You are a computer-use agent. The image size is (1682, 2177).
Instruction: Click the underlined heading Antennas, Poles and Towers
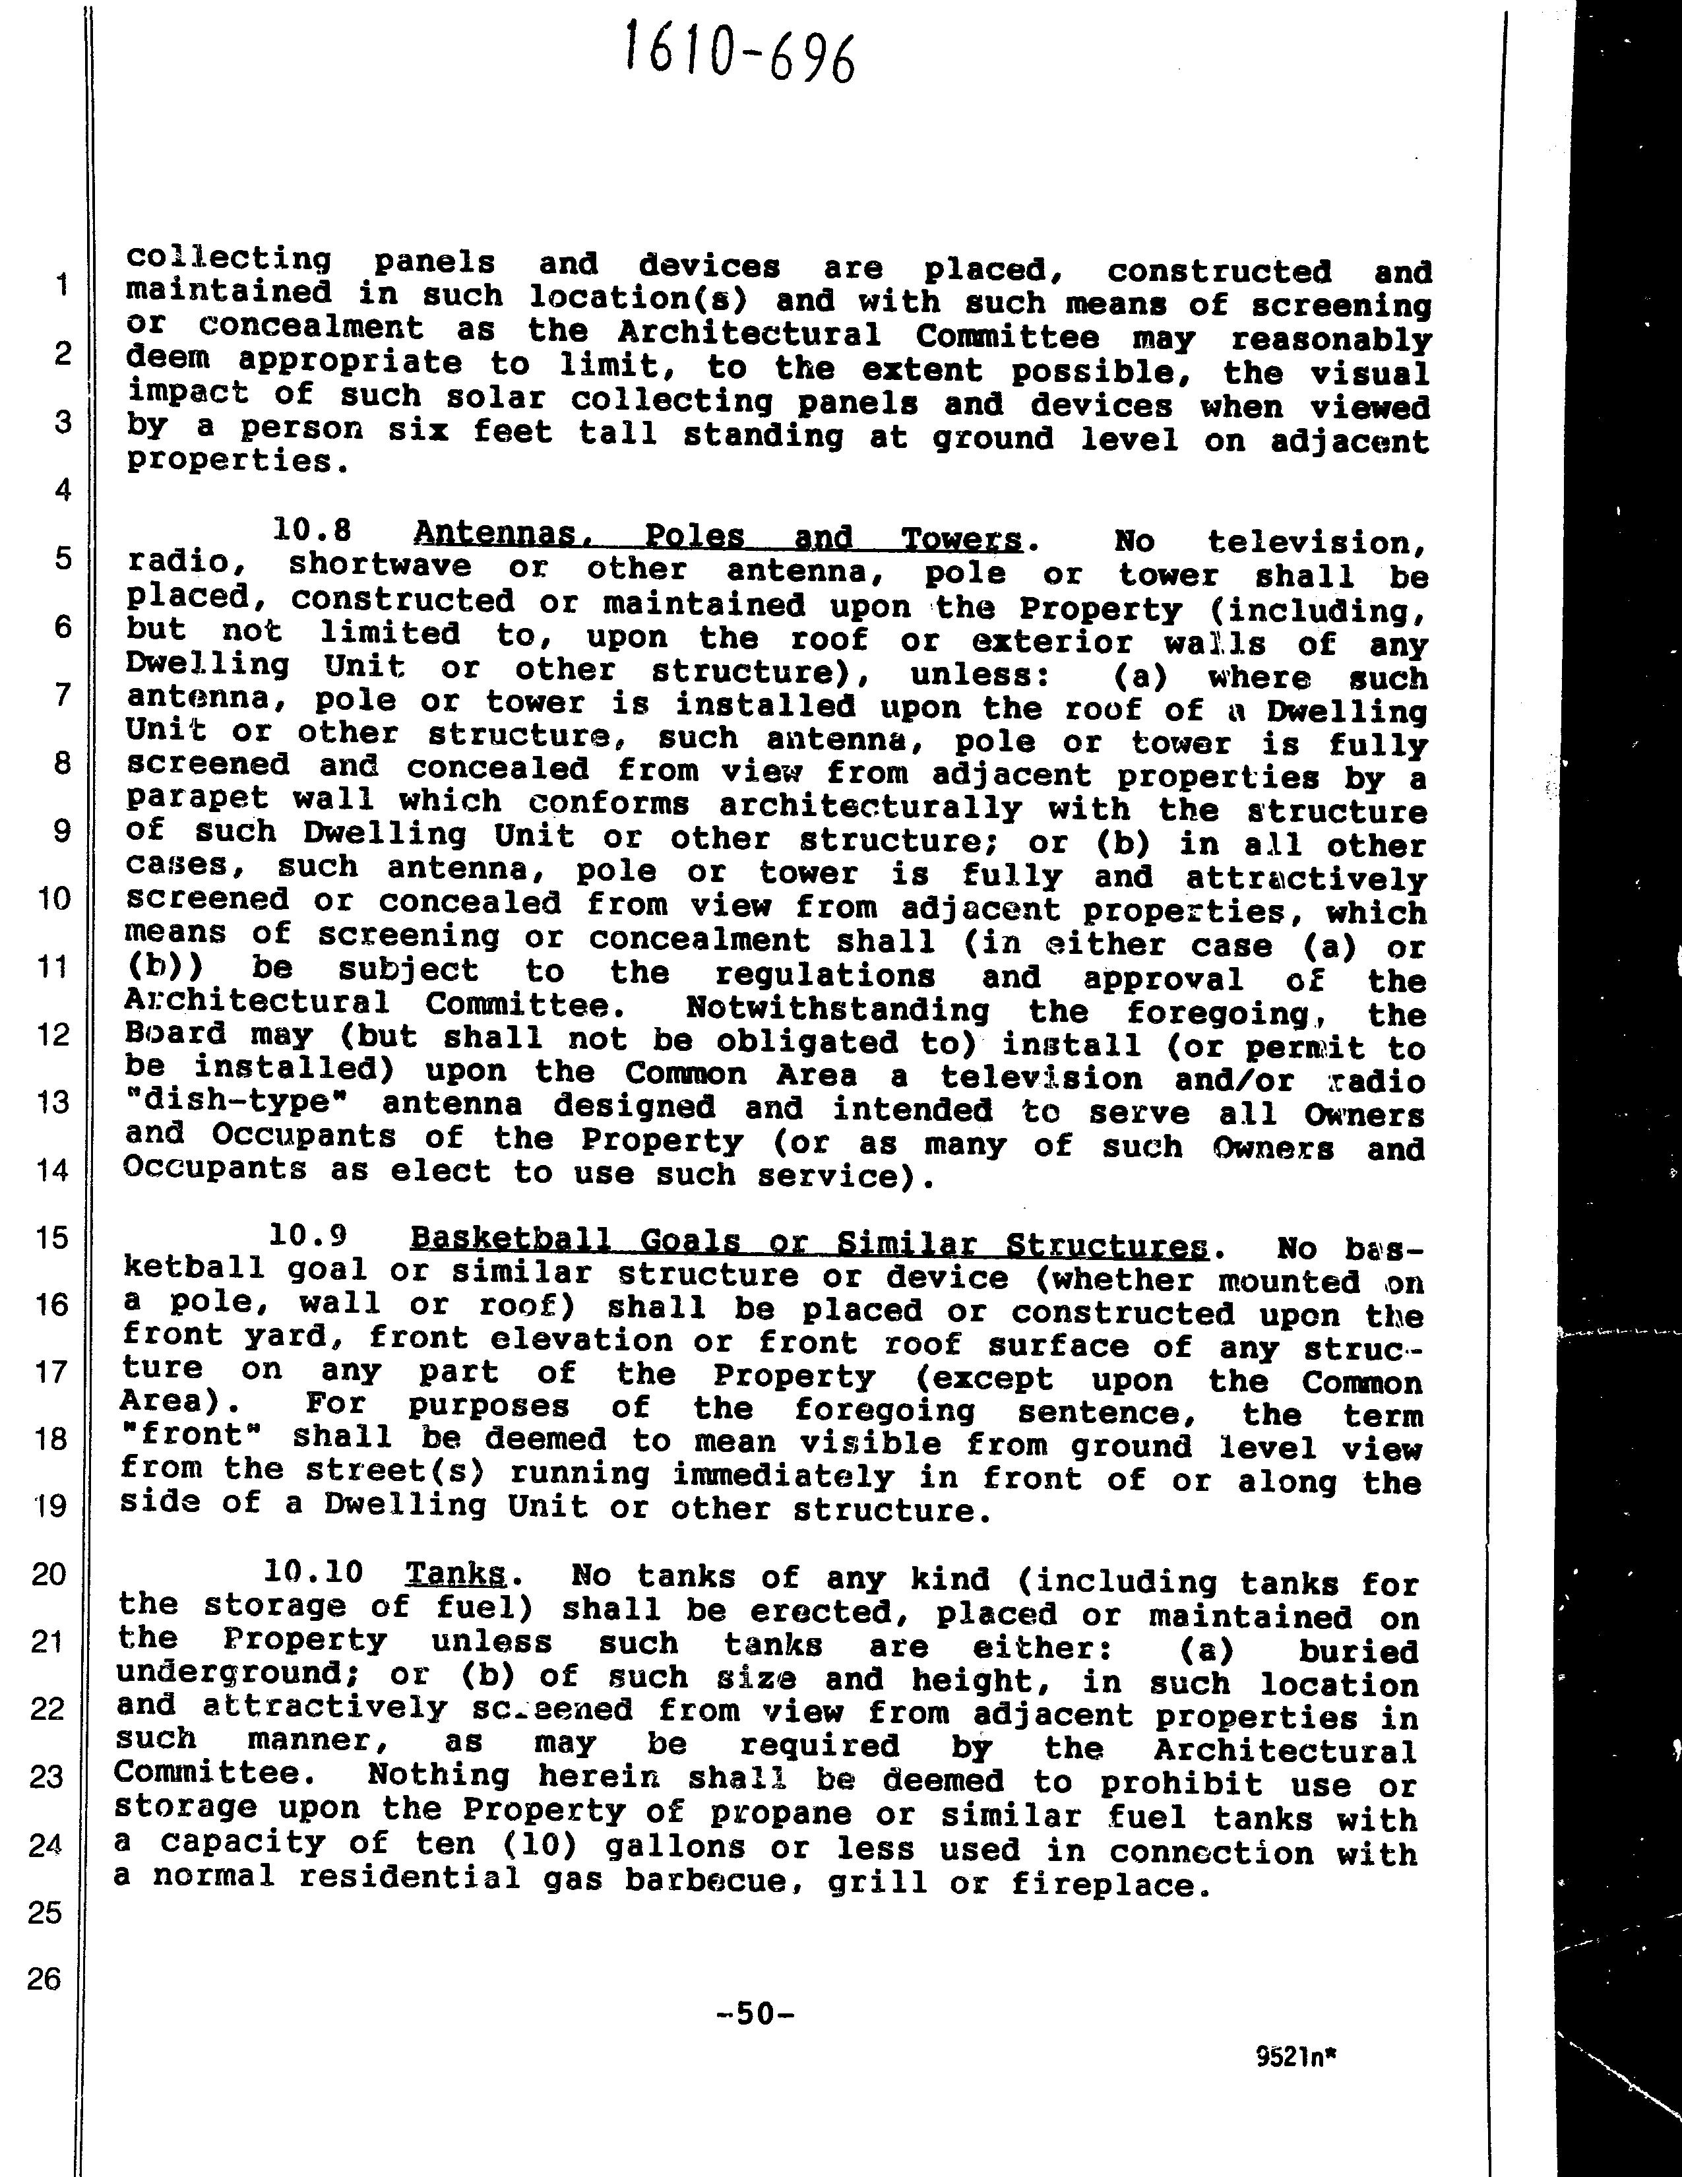point(718,538)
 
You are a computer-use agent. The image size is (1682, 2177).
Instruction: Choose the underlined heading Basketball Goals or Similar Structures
point(809,1242)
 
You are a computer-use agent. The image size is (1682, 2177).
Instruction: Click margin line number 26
point(45,1978)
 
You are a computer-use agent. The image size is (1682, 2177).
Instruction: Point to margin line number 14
point(52,1169)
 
